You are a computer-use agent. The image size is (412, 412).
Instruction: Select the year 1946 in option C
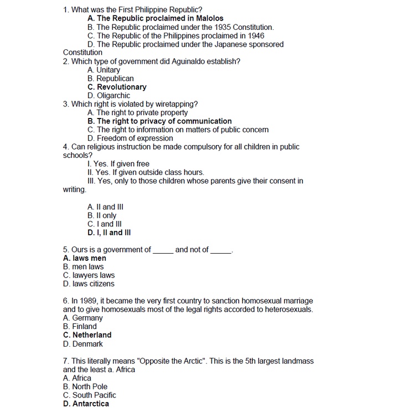point(255,35)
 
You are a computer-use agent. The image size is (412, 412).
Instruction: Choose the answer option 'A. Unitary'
point(104,70)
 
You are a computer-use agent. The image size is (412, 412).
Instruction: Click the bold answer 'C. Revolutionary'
point(117,87)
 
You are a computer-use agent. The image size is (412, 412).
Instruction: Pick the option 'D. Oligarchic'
point(109,95)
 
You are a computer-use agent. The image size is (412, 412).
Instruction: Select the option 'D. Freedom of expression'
point(130,138)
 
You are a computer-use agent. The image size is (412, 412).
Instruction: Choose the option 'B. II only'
point(102,215)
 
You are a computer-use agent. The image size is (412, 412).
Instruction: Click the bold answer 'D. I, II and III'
point(109,233)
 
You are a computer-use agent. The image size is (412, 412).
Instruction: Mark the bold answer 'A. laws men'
point(85,258)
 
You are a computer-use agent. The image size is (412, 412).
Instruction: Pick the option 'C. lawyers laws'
point(89,275)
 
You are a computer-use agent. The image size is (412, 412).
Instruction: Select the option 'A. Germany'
point(83,318)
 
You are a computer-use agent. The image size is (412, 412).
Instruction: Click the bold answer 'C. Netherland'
point(87,335)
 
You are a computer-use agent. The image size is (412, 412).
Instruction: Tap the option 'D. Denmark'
point(83,344)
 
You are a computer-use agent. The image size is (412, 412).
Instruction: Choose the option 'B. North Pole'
point(85,387)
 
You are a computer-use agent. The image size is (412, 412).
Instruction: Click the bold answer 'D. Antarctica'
point(86,404)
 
